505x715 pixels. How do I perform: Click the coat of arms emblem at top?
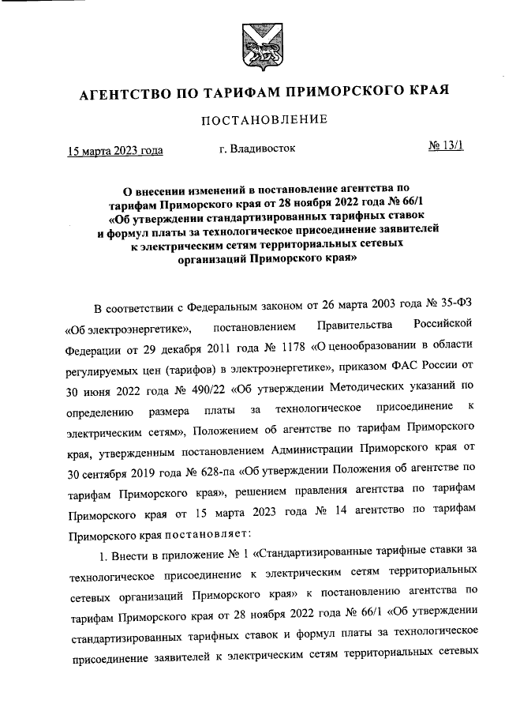pos(252,47)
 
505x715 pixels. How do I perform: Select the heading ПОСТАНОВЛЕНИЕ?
pos(252,120)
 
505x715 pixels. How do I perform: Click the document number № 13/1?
pos(447,147)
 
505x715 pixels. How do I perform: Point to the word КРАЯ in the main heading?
pos(428,94)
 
